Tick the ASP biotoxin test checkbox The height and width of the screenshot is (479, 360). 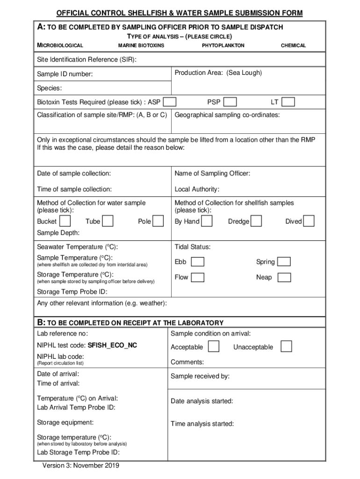coord(170,102)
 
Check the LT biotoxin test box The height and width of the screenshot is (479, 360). coord(288,102)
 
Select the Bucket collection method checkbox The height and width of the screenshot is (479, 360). coord(65,221)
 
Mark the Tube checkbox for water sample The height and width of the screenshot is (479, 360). coord(108,221)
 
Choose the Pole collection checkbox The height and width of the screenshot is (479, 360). coord(158,221)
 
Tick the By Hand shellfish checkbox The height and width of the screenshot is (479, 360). coord(207,221)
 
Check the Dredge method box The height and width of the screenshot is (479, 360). coord(256,221)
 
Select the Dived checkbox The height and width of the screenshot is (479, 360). coord(309,221)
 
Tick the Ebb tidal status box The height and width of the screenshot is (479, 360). coord(198,261)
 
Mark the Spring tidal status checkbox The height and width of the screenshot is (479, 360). coord(284,261)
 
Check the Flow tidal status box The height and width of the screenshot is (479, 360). coord(198,277)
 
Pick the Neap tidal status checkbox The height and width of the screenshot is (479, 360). coord(284,277)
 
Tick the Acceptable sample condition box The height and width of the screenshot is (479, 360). coord(214,347)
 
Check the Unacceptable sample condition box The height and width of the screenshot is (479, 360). coord(286,347)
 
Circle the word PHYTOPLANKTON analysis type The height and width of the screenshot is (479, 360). coord(223,45)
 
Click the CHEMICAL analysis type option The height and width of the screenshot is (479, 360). coord(293,45)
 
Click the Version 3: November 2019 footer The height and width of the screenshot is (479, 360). coord(81,466)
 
